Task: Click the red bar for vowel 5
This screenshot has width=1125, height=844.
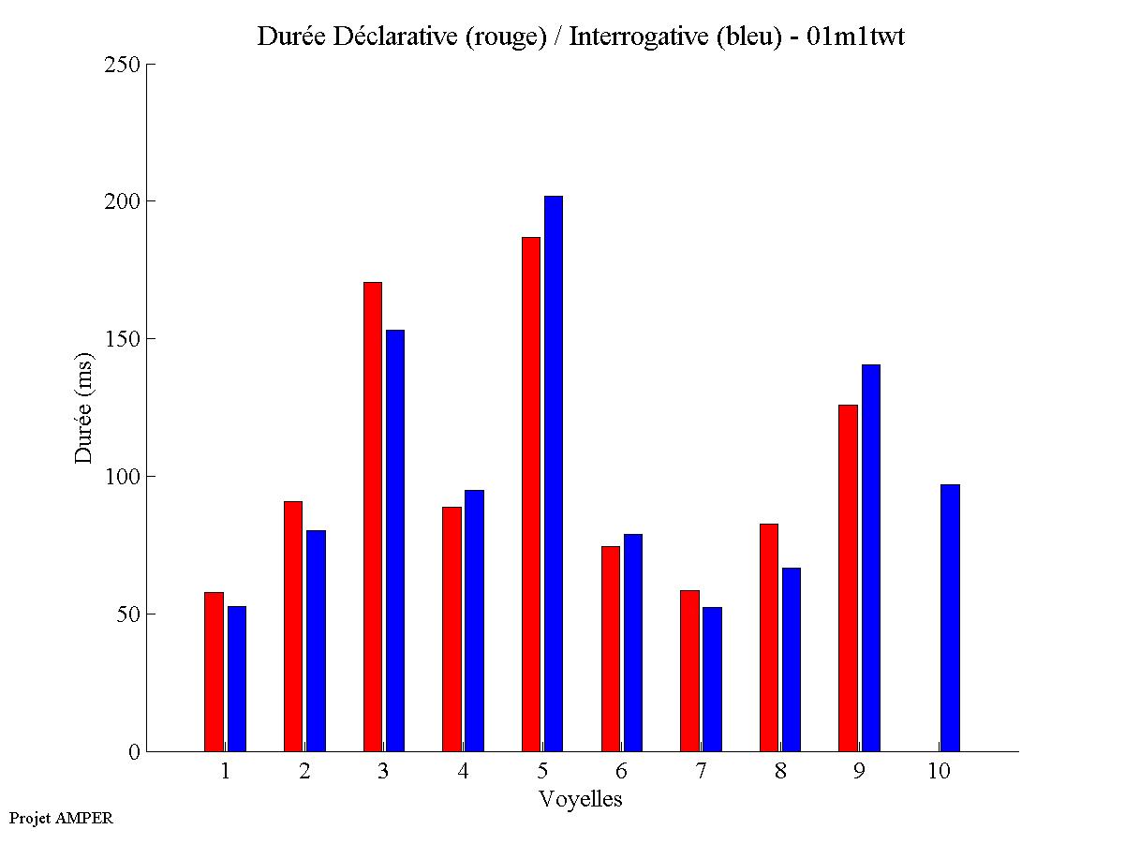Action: point(531,494)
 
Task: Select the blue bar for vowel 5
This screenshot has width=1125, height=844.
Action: point(554,473)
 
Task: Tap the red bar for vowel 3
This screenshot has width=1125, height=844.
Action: point(373,516)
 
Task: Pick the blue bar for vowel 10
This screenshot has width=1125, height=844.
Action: point(950,617)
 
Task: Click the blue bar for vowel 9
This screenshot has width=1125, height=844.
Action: point(871,557)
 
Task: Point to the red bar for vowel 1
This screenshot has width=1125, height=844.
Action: point(214,671)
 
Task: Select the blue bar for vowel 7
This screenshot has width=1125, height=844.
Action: point(712,678)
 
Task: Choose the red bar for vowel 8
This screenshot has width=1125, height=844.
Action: point(769,637)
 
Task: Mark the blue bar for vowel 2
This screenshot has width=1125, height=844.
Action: point(316,640)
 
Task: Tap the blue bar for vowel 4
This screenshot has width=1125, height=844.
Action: point(474,620)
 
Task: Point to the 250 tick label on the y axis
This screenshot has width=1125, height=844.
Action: point(123,65)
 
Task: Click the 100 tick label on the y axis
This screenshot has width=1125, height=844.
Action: point(123,477)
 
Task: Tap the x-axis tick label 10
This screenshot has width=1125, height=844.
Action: point(939,772)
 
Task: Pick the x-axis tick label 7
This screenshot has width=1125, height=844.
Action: point(701,772)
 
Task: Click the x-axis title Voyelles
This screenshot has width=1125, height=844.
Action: point(581,799)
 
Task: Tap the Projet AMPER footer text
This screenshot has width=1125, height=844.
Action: point(61,818)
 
